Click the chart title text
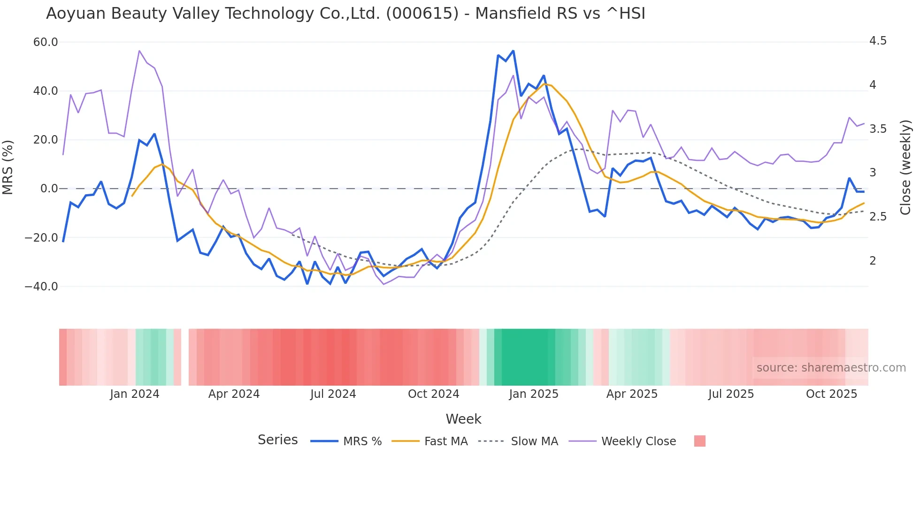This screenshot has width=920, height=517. coord(345,14)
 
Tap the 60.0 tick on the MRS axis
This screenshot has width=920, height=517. coord(46,42)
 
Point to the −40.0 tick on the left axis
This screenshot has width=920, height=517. coord(41,286)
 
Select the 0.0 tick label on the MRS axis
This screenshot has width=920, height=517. coord(49,189)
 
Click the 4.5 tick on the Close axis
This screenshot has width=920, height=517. coord(878,41)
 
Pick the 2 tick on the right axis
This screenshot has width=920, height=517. coord(873,261)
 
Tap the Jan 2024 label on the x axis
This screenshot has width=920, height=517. coord(135,394)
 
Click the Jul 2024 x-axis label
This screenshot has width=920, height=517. coord(333,394)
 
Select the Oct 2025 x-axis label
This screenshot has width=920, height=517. coord(831,394)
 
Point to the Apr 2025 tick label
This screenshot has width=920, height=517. coord(632,394)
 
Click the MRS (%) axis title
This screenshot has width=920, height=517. coord(8,167)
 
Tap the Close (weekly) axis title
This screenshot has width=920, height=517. coord(905,167)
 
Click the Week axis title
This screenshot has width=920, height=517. coord(463,419)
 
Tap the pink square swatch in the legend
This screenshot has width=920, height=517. coord(699,441)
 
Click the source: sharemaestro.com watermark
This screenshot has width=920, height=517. coord(831,368)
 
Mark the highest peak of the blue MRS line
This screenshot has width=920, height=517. coord(513,51)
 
